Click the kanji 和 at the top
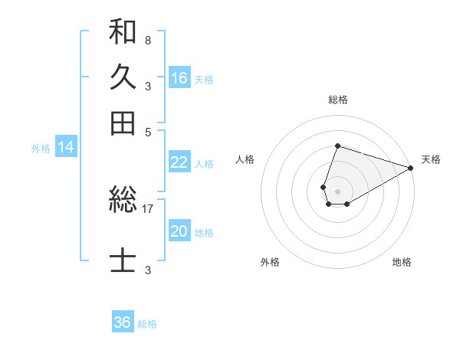click(123, 32)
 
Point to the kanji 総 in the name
click(123, 201)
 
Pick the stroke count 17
click(148, 208)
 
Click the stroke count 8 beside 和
click(147, 40)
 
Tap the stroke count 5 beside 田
click(148, 131)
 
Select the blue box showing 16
click(179, 77)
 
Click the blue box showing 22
click(179, 162)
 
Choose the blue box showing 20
click(179, 231)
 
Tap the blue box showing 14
click(65, 147)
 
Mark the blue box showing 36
click(123, 322)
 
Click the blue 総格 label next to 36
click(147, 324)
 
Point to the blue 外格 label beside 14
click(40, 149)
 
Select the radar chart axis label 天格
click(431, 159)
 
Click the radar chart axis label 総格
click(337, 100)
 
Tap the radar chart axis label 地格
click(402, 262)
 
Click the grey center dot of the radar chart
click(337, 190)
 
